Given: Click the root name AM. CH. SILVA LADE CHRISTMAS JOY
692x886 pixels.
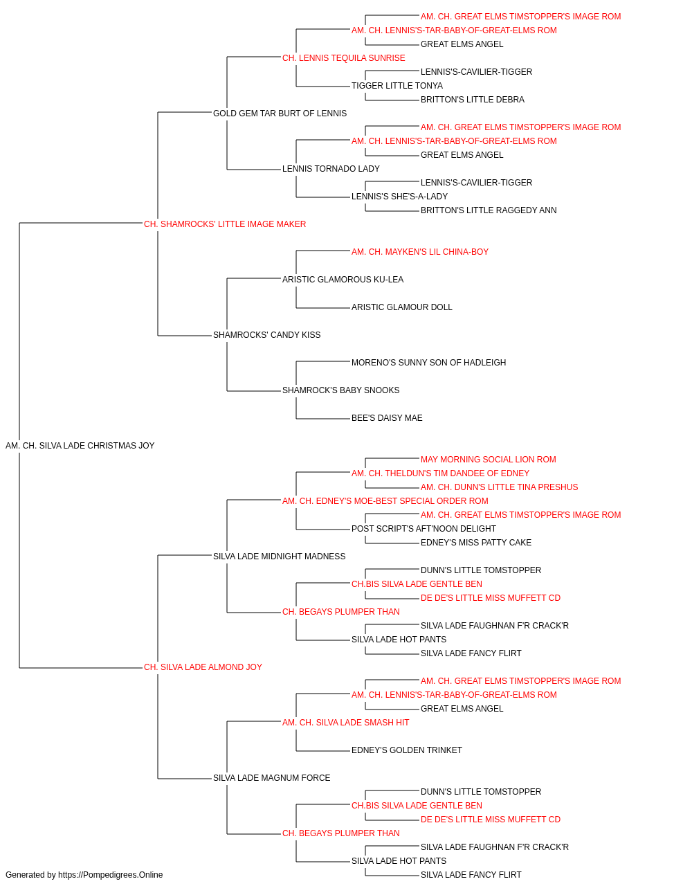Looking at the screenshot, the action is pos(80,446).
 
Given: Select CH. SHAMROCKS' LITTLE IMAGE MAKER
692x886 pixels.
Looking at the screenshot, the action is pos(224,224).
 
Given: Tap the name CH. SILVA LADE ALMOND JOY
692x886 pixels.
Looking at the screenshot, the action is pos(203,667).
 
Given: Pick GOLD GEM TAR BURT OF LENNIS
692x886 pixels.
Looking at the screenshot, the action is pos(280,114).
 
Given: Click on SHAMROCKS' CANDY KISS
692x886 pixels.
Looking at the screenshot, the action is pos(266,335).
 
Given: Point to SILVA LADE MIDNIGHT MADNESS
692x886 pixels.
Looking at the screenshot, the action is pos(279,557).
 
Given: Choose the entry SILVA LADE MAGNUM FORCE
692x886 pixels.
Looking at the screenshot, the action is pos(271,778).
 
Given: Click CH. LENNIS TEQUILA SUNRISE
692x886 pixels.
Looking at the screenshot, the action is pos(343,58).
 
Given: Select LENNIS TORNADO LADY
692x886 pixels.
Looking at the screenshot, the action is pos(331,169).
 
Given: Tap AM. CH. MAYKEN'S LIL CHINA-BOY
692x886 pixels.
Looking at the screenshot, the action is pos(420,252).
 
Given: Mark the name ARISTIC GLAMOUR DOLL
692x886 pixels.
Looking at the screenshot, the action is pos(402,307).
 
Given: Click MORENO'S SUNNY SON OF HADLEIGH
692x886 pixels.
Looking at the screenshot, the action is pos(429,363).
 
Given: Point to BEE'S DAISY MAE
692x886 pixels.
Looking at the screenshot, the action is pos(387,418).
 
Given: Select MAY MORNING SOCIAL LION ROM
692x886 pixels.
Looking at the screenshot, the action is pos(489,460).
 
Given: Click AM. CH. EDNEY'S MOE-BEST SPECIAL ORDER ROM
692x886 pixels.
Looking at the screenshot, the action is pos(385,501).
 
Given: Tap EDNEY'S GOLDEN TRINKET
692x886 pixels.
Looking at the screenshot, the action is pos(407,750).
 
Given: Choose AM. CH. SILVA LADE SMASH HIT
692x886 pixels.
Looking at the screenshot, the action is pos(345,723).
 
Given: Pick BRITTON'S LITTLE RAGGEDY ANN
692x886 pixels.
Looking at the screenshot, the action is pos(489,210).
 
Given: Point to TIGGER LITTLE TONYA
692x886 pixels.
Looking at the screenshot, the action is pos(397,86).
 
